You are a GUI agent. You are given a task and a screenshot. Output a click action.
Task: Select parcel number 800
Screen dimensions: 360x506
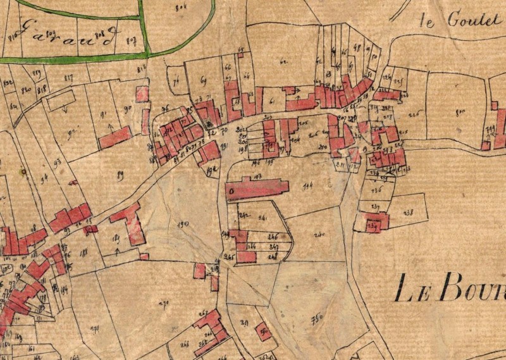tap(460, 112)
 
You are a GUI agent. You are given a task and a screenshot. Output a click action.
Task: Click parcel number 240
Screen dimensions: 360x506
tap(318, 235)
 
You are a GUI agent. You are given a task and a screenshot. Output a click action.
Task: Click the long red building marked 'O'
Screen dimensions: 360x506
tap(256, 190)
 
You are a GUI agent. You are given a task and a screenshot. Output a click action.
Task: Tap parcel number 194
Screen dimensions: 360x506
tap(309, 185)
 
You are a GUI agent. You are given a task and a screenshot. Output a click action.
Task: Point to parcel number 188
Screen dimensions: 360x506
tap(82, 252)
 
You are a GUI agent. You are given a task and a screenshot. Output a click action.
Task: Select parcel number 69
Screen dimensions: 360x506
tap(203, 80)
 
